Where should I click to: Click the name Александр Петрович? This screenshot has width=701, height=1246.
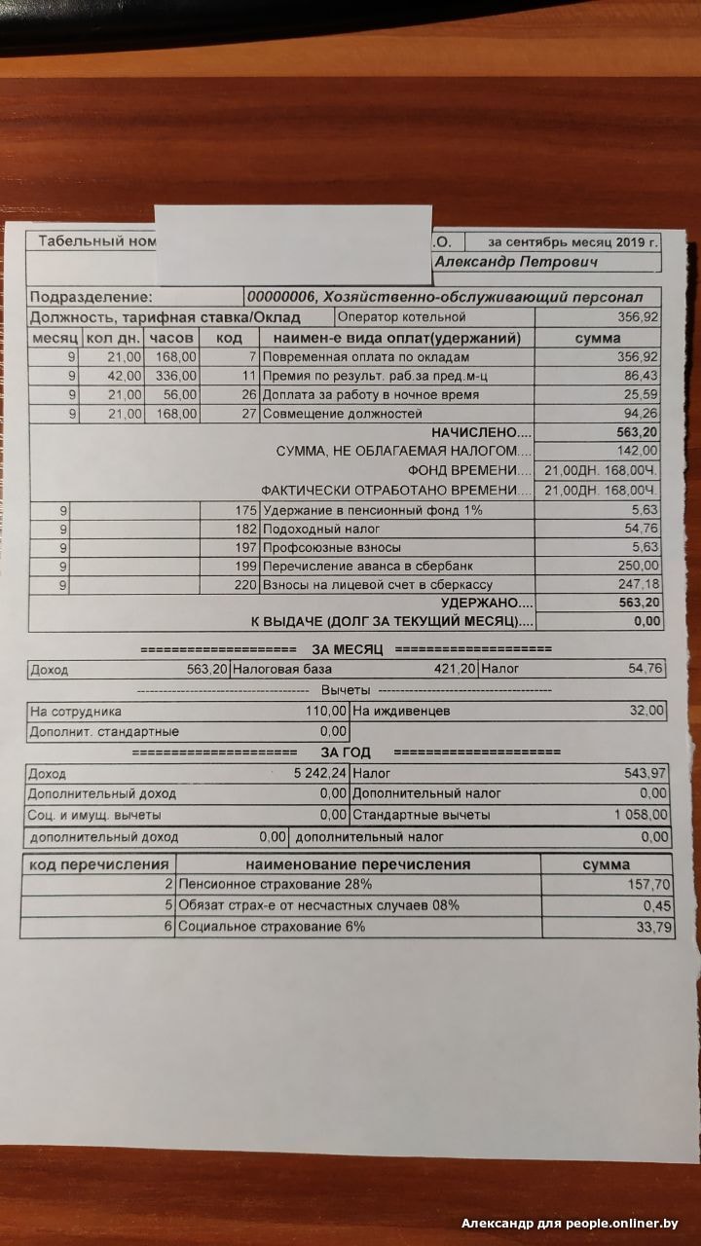[x=516, y=262]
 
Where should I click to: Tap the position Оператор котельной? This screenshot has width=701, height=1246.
[x=401, y=317]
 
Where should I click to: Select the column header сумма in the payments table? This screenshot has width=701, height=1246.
[x=598, y=338]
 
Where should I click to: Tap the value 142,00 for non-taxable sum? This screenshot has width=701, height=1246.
[x=639, y=452]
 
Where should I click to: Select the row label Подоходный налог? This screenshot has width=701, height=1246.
[x=311, y=529]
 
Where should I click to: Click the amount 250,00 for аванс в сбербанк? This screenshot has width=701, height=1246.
[x=639, y=567]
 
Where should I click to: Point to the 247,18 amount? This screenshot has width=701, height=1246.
[x=639, y=585]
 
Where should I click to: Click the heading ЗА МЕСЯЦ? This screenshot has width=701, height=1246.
[x=348, y=649]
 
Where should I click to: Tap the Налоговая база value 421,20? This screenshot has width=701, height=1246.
[x=455, y=670]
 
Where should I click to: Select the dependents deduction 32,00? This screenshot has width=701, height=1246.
[x=646, y=712]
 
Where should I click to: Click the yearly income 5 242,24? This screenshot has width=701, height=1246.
[x=314, y=774]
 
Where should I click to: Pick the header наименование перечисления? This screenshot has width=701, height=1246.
[x=358, y=864]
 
